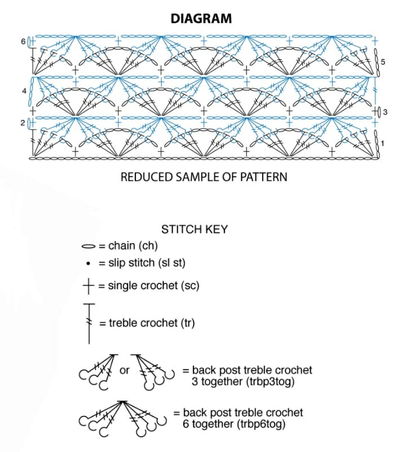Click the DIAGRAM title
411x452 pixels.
click(x=201, y=19)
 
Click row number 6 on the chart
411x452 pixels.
click(x=23, y=42)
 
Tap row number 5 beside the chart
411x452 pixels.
click(x=383, y=62)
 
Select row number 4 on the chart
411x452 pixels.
click(x=24, y=91)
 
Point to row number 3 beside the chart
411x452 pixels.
click(x=385, y=112)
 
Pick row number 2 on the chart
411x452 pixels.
click(x=23, y=123)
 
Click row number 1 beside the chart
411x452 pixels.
click(x=382, y=143)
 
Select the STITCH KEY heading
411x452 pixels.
click(x=195, y=230)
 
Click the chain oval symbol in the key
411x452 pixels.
click(x=89, y=247)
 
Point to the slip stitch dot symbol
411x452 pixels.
click(x=89, y=264)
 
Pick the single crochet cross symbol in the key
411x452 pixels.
click(x=89, y=286)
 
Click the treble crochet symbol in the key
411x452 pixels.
click(x=89, y=323)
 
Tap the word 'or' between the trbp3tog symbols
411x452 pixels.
click(x=124, y=370)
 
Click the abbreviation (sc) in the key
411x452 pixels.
click(x=190, y=286)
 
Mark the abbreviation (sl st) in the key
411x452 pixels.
click(x=171, y=263)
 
